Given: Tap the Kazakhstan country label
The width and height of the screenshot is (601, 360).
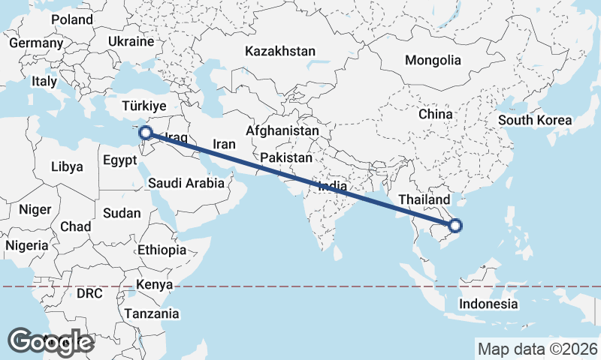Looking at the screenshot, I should (x=280, y=51).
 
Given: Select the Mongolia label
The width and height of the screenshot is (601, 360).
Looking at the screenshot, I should (x=432, y=60).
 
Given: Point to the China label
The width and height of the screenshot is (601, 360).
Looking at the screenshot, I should (x=436, y=114).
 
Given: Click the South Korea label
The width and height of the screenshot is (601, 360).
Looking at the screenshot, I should (x=535, y=120).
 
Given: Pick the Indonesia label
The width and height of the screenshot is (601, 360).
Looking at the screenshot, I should (x=488, y=304).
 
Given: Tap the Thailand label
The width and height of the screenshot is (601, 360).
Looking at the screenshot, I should (x=424, y=199).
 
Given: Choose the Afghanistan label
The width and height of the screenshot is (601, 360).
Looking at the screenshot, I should (x=282, y=130).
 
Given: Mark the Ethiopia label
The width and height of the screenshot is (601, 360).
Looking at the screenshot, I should (x=162, y=250).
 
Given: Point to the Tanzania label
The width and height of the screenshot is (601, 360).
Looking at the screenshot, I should (x=153, y=313).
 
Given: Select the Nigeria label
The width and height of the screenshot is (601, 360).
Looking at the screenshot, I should (x=27, y=245).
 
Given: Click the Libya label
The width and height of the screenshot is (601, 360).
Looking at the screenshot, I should (x=67, y=166).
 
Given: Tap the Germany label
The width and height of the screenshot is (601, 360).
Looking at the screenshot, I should (x=36, y=43).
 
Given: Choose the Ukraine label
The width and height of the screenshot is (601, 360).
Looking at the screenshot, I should (x=131, y=41).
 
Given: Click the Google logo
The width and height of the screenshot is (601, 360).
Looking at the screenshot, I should (x=52, y=341).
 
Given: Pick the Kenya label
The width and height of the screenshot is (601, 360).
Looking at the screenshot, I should (x=155, y=285).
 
